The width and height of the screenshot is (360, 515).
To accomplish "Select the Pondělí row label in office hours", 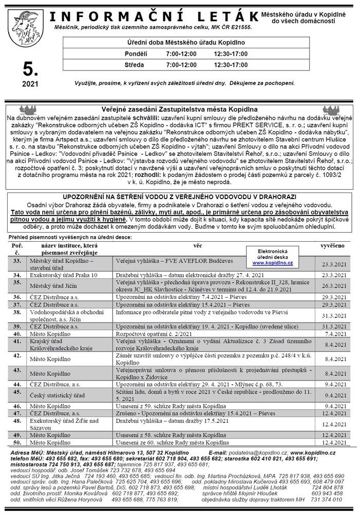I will pos(136,54).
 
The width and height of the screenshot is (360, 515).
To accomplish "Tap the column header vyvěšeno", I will pos(333,246).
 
